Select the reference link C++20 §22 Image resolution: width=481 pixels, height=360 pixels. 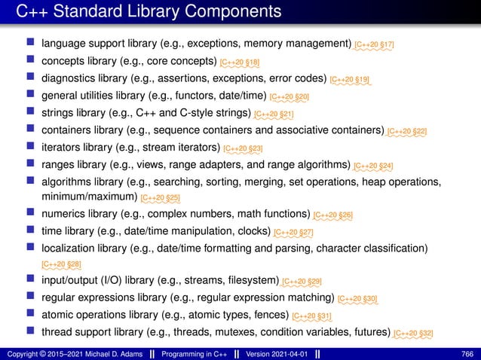click(x=407, y=132)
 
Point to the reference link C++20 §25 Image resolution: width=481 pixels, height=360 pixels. click(x=161, y=200)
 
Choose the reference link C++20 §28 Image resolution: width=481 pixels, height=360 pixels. click(x=62, y=264)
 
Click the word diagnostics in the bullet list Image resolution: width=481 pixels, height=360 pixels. click(x=69, y=78)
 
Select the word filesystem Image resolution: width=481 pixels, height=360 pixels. click(x=253, y=281)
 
